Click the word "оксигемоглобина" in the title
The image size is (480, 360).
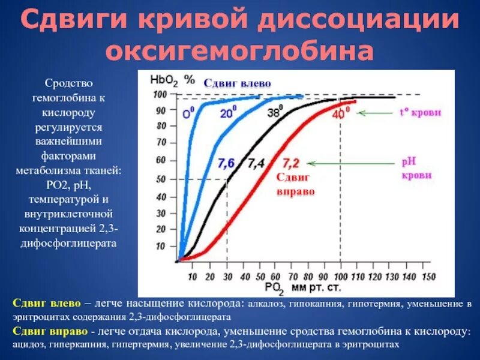click(x=240, y=50)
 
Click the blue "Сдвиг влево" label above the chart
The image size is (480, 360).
click(x=238, y=83)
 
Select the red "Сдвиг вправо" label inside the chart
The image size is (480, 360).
click(x=295, y=184)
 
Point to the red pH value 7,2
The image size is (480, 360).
click(x=291, y=162)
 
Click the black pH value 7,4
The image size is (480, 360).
click(x=256, y=163)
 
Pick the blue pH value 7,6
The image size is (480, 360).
click(x=226, y=163)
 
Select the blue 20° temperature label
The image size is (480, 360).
click(x=228, y=112)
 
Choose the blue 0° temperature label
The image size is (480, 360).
click(x=188, y=112)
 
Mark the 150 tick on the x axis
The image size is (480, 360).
click(x=428, y=277)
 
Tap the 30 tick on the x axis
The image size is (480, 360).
click(x=227, y=277)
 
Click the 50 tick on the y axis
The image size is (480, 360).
click(x=160, y=179)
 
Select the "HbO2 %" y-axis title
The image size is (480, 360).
click(x=173, y=79)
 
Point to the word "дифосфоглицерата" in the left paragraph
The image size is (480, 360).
click(x=68, y=244)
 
